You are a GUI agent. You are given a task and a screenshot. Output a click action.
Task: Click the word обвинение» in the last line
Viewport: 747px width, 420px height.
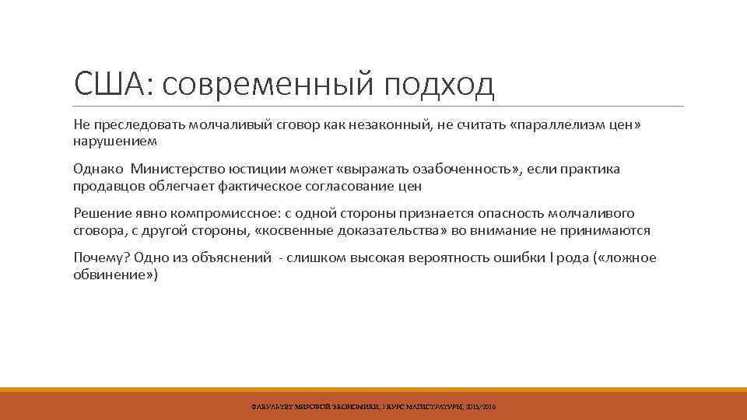115,275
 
